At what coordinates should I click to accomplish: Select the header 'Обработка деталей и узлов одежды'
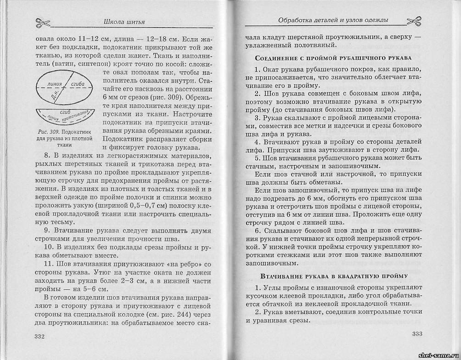tap(333, 20)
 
